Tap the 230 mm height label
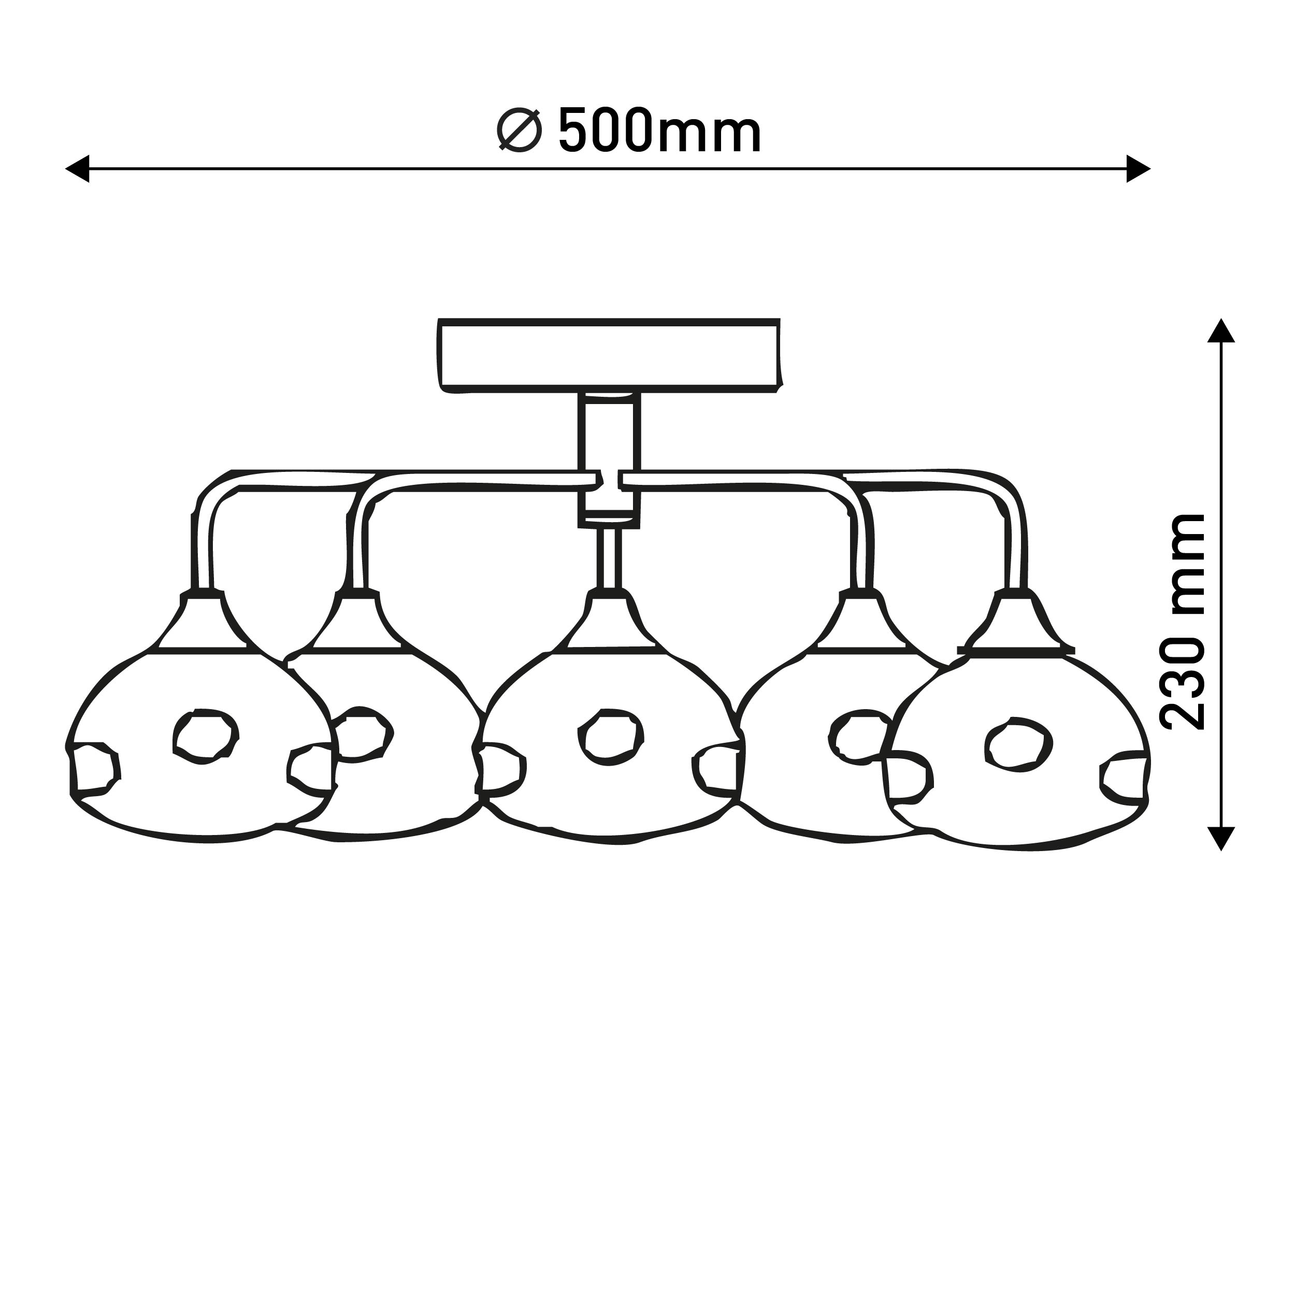coord(1184,622)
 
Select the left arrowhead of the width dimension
coord(77,168)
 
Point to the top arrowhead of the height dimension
coord(1221,331)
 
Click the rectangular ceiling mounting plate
coord(609,355)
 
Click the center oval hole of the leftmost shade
coord(206,736)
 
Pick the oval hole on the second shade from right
coord(860,736)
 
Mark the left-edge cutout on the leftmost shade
coord(94,769)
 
